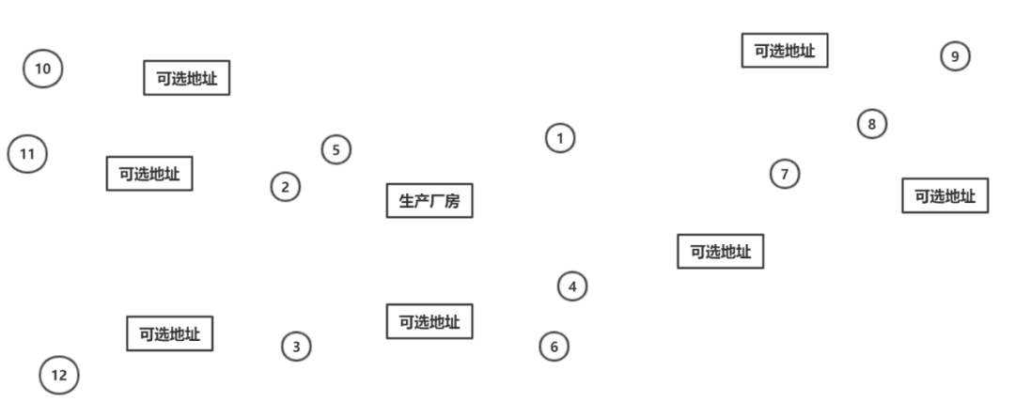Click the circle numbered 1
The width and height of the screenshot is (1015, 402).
click(560, 138)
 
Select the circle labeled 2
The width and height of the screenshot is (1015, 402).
click(286, 187)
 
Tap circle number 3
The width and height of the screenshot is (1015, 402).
click(296, 347)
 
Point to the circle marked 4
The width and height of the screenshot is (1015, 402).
click(572, 286)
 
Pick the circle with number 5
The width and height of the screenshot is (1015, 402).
click(336, 149)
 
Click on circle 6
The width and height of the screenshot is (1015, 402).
click(554, 347)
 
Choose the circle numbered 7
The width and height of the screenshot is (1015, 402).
click(785, 174)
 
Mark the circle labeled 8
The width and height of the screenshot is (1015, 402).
click(872, 123)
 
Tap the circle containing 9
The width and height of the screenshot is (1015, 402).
click(955, 56)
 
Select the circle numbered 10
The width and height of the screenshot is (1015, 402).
click(42, 69)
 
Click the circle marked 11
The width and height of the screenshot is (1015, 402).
click(27, 154)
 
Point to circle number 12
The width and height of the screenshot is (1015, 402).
click(59, 376)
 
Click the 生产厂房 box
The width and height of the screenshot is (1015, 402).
click(429, 200)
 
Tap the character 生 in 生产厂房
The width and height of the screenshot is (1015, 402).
click(407, 201)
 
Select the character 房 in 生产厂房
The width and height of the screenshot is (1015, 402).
click(452, 201)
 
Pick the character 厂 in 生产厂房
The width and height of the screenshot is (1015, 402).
click(437, 201)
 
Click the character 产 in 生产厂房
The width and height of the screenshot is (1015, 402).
click(422, 201)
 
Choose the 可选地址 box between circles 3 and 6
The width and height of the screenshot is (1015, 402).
click(429, 321)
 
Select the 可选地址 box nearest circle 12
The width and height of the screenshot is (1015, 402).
click(170, 333)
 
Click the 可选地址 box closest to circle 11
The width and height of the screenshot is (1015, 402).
click(149, 173)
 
